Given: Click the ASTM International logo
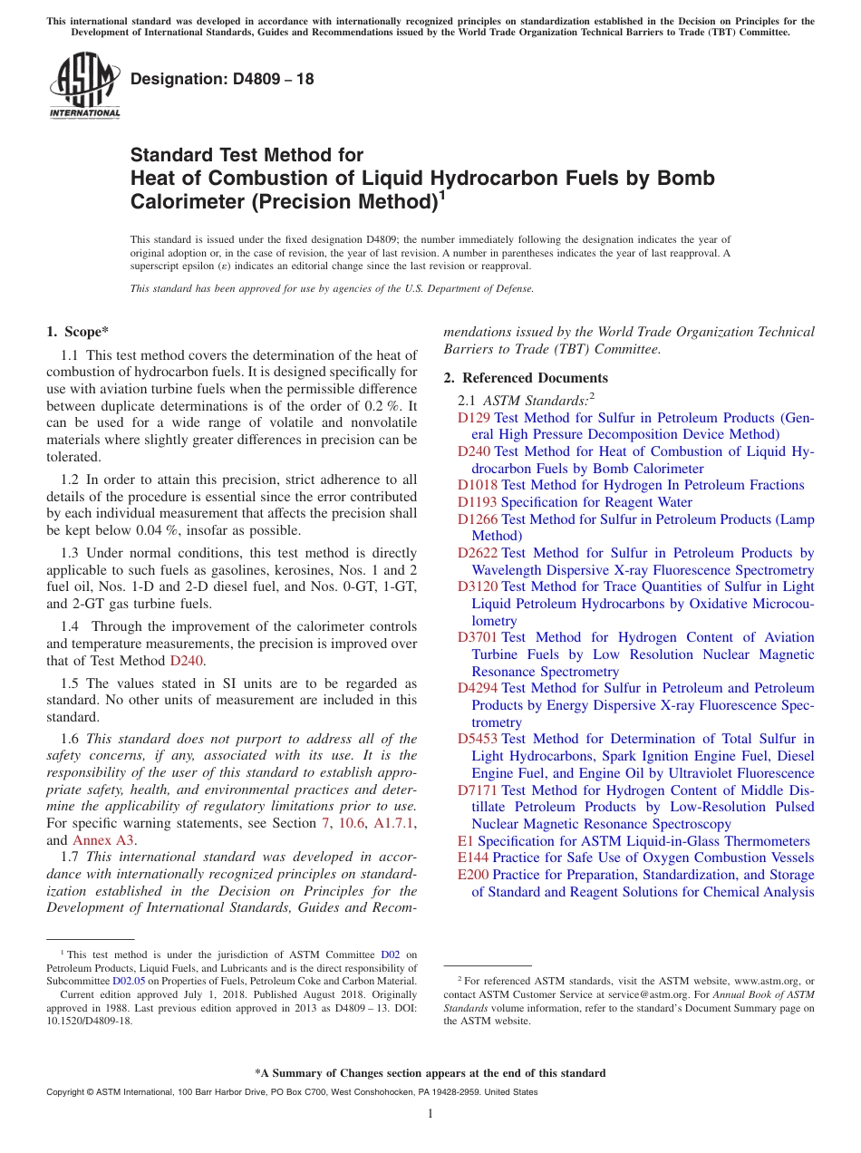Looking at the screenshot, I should pyautogui.click(x=84, y=86).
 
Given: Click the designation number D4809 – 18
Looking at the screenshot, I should pyautogui.click(x=222, y=79).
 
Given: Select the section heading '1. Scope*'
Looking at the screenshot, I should pyautogui.click(x=77, y=332).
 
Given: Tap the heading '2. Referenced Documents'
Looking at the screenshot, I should pyautogui.click(x=526, y=378).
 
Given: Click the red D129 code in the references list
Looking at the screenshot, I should pyautogui.click(x=474, y=418).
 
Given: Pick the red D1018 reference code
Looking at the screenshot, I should pyautogui.click(x=478, y=485).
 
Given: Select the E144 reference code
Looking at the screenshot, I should pyautogui.click(x=473, y=857).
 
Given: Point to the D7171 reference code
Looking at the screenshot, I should pyautogui.click(x=478, y=790).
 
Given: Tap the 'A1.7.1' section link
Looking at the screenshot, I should pyautogui.click(x=393, y=823).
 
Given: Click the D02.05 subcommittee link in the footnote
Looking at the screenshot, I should pyautogui.click(x=129, y=980).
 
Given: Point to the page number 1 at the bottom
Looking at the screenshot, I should pyautogui.click(x=430, y=1113).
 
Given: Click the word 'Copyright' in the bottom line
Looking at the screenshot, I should pyautogui.click(x=66, y=1092).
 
